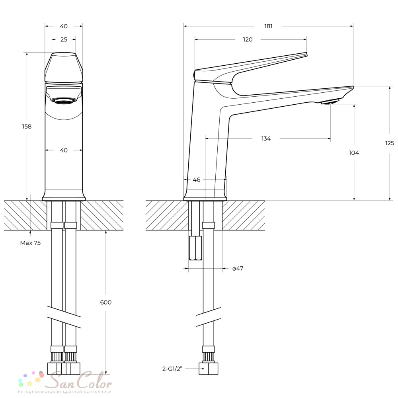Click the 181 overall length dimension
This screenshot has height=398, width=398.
pos(268,26)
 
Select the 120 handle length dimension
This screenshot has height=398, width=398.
pos(248,39)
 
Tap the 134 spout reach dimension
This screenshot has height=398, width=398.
pos(266,139)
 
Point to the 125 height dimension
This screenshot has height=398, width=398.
pos(390,143)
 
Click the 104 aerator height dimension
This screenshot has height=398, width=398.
pos(354,153)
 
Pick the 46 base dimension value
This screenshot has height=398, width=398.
pos(197,180)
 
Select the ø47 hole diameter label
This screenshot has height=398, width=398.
pos(238,268)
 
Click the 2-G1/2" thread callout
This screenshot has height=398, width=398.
pos(172,369)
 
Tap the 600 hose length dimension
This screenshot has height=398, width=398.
pos(106,302)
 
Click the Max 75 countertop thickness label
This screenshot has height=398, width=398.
pos(30,243)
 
